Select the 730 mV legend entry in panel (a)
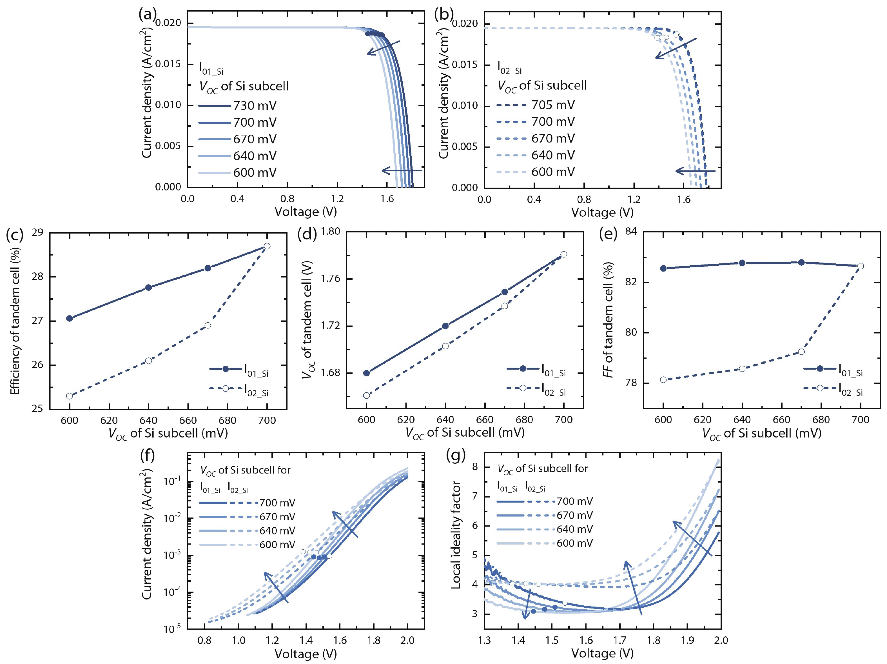coord(255,106)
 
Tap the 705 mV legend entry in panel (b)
coord(552,105)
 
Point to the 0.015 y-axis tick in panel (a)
coord(168,64)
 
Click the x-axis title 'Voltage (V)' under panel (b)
coord(602,212)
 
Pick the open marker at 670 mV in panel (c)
coord(208,325)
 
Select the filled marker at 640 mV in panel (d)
coord(445,326)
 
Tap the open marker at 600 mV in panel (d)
coord(366,395)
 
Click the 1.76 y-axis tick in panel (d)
coord(330,278)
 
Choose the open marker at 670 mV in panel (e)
coord(801,352)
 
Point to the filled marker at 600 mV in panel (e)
coord(663,268)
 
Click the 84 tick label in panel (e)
coord(630,232)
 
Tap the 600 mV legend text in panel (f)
coord(277,545)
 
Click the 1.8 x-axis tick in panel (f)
coord(374,640)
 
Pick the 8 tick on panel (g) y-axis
coord(475,467)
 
